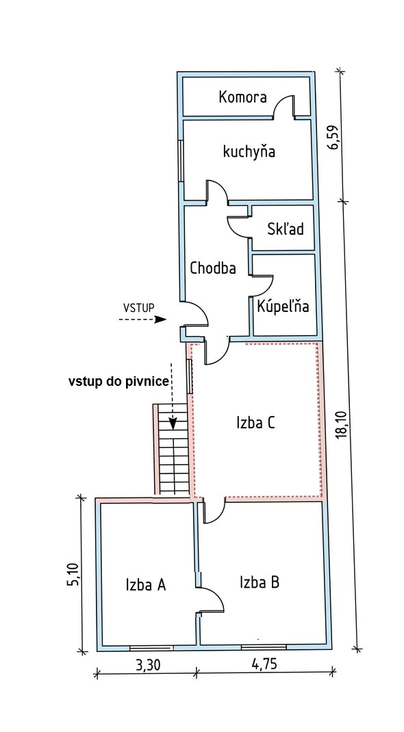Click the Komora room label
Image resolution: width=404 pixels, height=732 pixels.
243,97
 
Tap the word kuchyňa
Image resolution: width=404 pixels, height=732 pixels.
249,152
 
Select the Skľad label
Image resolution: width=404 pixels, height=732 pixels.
286,228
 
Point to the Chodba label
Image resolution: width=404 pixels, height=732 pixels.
212,268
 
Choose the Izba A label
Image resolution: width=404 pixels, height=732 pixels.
146,584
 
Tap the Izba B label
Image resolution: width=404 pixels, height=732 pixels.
260,583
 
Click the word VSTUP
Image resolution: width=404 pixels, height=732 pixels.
139,307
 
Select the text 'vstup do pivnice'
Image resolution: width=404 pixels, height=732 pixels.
118,382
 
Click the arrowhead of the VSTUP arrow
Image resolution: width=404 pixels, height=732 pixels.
161,319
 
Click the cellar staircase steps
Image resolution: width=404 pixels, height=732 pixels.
173,449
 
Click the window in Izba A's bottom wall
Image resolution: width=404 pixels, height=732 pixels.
151,647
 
